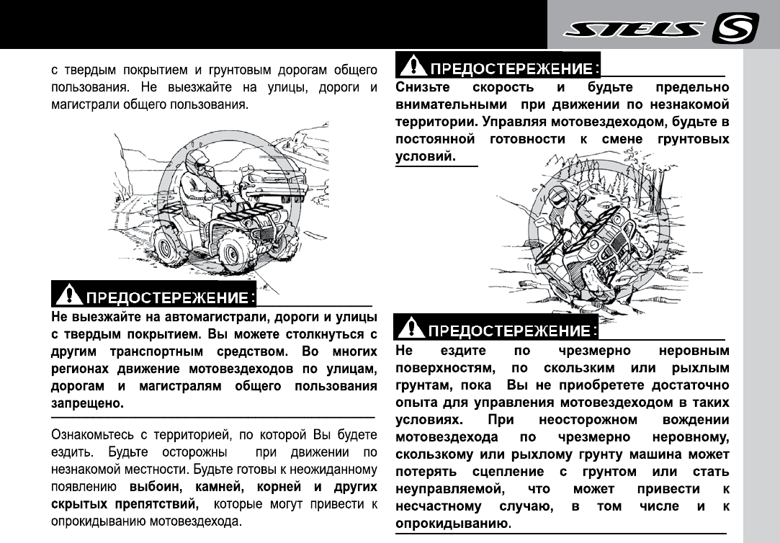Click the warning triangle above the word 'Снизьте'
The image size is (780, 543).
point(413,67)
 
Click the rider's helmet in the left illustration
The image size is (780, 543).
point(196,159)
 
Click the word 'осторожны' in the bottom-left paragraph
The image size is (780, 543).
point(199,453)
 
